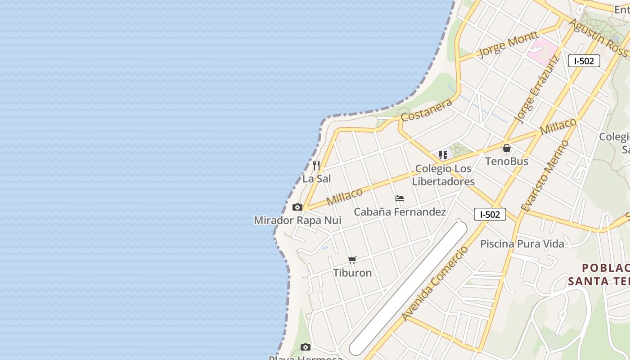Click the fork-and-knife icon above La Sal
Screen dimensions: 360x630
click(x=316, y=166)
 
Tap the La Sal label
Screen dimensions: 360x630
click(x=316, y=179)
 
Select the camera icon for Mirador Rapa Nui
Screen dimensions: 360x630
click(x=297, y=207)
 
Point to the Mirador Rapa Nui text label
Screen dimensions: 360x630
click(x=297, y=220)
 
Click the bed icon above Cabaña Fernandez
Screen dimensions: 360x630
click(x=399, y=198)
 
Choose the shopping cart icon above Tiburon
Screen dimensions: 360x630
click(x=352, y=260)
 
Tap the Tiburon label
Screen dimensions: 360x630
click(x=352, y=273)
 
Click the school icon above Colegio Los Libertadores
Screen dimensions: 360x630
click(x=443, y=155)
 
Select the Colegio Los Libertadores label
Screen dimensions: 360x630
click(x=443, y=175)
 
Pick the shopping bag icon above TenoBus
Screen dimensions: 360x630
click(x=507, y=148)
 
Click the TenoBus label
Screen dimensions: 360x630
click(x=507, y=161)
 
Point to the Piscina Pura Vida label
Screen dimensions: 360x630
click(x=522, y=244)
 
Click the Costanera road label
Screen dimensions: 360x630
click(x=426, y=110)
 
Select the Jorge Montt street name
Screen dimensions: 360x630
click(x=508, y=44)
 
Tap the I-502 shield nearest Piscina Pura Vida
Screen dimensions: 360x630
click(x=490, y=214)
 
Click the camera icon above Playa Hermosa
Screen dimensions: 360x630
click(x=306, y=347)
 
